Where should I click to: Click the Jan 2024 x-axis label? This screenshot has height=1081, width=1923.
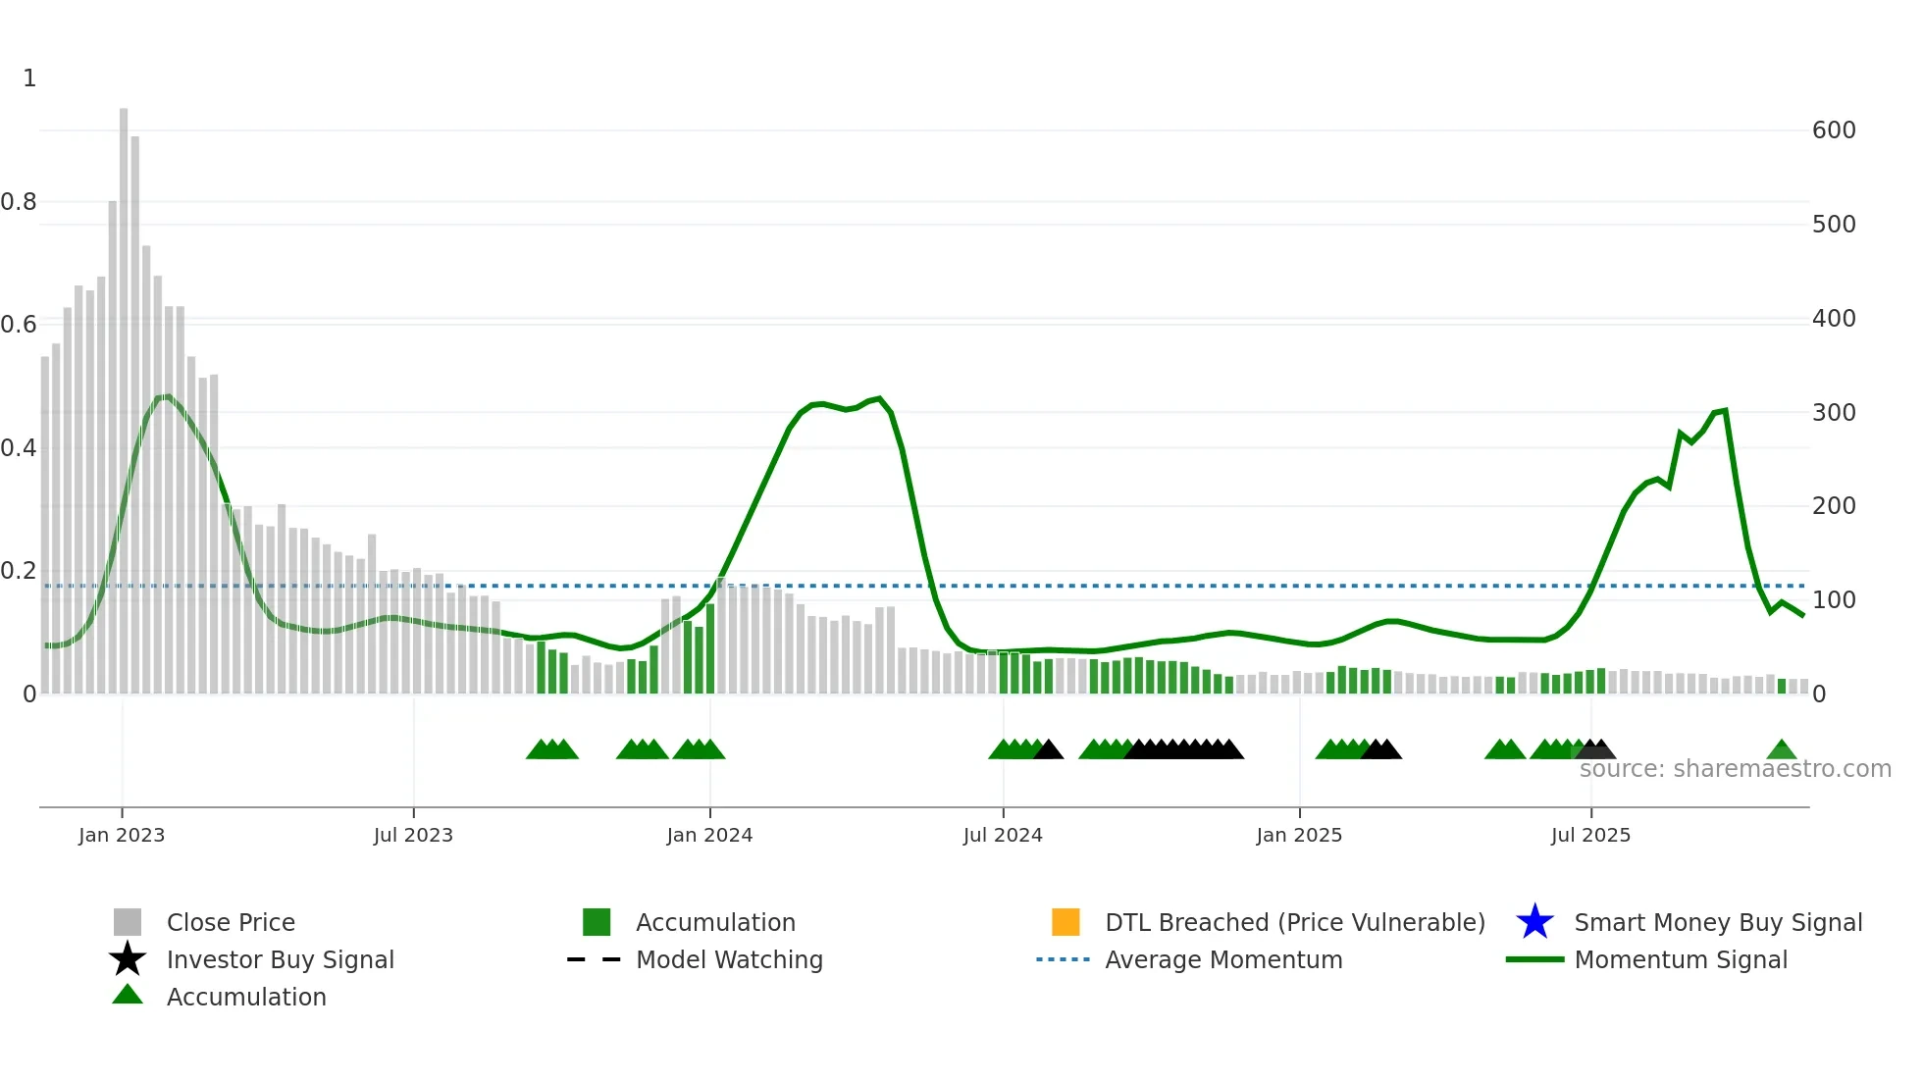tap(709, 835)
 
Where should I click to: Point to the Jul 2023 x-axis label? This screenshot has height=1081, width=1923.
tap(413, 835)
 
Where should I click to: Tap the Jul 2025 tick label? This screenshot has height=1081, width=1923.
tap(1590, 835)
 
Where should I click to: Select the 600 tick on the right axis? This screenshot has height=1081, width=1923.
tap(1834, 130)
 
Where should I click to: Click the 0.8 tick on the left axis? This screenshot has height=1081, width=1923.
tap(19, 202)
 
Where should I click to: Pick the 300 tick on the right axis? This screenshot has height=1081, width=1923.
tap(1834, 413)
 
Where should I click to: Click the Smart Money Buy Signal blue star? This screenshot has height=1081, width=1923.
tap(1534, 922)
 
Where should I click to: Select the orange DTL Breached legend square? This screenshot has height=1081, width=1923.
tap(1065, 922)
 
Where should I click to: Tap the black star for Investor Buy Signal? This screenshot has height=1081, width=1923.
tap(128, 959)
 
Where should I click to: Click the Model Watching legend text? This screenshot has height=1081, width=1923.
tap(729, 959)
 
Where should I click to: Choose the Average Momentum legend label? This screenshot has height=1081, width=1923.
tap(1223, 959)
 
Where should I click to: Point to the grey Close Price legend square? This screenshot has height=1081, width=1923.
tap(128, 922)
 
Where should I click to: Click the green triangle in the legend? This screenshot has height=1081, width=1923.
tap(128, 995)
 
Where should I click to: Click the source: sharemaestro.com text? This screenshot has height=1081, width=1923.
tap(1735, 769)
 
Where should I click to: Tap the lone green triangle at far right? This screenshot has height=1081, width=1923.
tap(1781, 750)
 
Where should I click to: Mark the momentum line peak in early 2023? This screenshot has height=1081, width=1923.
tap(168, 396)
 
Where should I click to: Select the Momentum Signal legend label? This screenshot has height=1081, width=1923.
tap(1681, 959)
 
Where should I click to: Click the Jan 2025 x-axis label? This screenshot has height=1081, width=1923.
tap(1299, 835)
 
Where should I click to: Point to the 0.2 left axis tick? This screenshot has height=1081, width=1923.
tap(19, 571)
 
